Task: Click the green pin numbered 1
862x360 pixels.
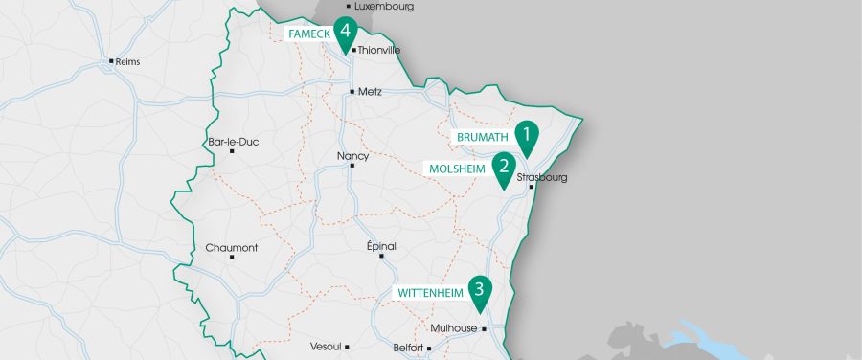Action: (x=526, y=135)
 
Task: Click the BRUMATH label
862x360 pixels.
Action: (x=482, y=138)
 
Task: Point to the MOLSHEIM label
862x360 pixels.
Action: (x=457, y=169)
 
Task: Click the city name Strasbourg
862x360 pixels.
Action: (x=542, y=177)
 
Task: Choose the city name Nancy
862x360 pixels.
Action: (x=352, y=155)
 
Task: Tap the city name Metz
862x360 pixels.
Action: (x=369, y=92)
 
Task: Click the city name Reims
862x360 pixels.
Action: (x=126, y=61)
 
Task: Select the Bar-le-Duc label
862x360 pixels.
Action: (x=233, y=142)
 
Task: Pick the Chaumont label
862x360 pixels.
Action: (x=232, y=247)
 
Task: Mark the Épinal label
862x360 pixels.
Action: (x=381, y=246)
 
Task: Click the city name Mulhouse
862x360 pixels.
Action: (x=453, y=328)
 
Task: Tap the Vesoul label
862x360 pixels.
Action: (x=325, y=347)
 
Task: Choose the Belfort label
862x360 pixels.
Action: (x=407, y=348)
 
